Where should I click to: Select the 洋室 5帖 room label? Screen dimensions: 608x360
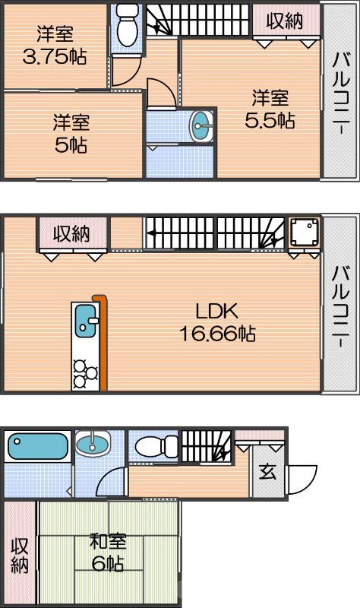point(70,134)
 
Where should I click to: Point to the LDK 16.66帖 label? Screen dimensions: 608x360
point(217,321)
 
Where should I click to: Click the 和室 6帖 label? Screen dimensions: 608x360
point(108,553)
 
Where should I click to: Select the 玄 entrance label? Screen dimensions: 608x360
point(267,472)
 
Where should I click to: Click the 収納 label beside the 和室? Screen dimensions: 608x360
point(20,556)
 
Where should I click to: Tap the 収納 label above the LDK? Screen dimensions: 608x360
point(71,233)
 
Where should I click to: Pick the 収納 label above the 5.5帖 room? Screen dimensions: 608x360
point(285,21)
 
